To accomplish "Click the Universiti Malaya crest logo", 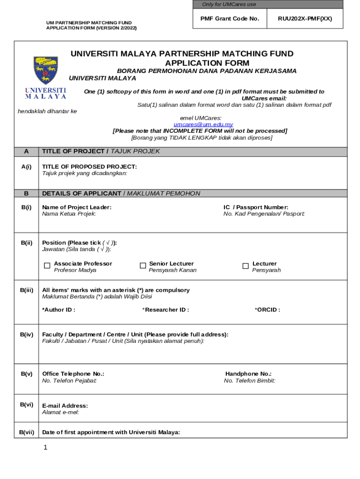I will (x=45, y=70).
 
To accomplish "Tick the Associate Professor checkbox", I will (x=47, y=266).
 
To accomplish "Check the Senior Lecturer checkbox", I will (x=143, y=266).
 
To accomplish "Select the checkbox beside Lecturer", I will (x=245, y=266).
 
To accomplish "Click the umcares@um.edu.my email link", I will (x=203, y=124).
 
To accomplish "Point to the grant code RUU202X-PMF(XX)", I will (x=305, y=19).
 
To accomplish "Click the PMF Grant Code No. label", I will (x=230, y=19).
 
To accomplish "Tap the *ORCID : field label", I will (x=267, y=310).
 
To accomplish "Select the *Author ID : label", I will (x=58, y=310).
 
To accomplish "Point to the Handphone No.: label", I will (x=248, y=374).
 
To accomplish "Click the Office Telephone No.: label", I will (x=73, y=374).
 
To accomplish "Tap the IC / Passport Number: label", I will (x=256, y=207).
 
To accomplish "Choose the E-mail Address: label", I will (x=65, y=406).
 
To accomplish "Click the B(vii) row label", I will (x=26, y=432).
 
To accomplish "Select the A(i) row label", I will (x=26, y=167).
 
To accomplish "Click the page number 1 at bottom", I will (x=45, y=448).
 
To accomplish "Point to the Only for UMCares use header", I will (x=229, y=4).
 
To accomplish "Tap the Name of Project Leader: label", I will (x=77, y=207).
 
